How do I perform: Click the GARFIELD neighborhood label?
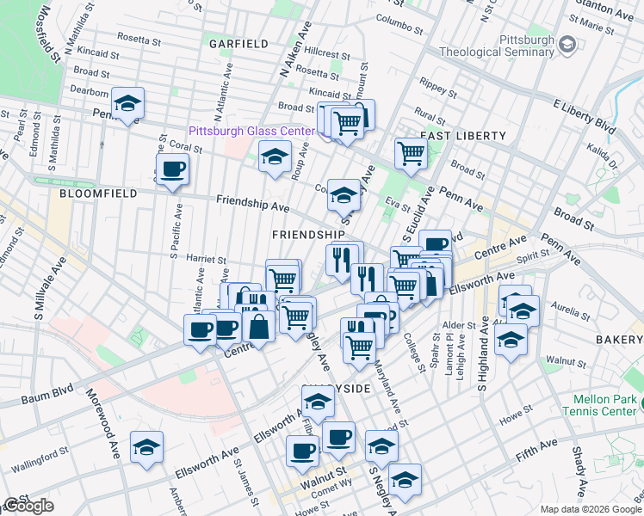238,43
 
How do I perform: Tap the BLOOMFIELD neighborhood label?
98,194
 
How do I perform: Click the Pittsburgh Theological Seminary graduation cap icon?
567,43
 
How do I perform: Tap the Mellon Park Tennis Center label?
608,407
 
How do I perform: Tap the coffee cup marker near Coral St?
172,169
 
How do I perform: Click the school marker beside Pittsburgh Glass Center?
275,157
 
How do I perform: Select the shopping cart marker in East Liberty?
412,153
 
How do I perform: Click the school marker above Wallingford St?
146,447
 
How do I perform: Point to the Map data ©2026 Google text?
590,509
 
